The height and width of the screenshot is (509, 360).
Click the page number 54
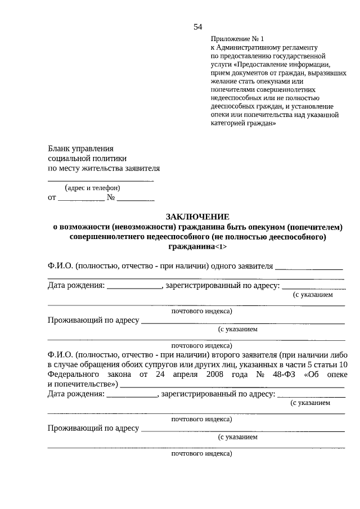tap(197, 26)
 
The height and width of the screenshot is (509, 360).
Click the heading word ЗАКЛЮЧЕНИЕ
tap(197, 217)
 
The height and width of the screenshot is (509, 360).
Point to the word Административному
tap(247, 48)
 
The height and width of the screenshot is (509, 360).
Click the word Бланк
tap(59, 148)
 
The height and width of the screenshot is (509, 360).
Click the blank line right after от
tap(81, 199)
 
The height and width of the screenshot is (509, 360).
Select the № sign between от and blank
tap(111, 197)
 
